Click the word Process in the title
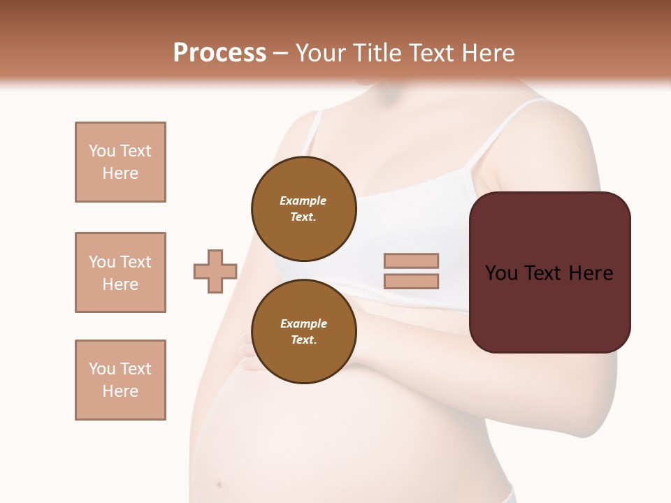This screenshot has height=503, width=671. (219, 53)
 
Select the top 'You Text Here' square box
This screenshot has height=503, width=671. (120, 162)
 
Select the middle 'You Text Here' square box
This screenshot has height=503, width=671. (120, 272)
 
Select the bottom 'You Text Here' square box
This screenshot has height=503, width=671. (120, 380)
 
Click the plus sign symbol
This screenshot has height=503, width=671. (215, 271)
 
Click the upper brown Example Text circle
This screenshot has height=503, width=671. (303, 208)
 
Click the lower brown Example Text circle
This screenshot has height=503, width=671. (303, 331)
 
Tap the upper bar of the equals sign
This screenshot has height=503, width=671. (411, 261)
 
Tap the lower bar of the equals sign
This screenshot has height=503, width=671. (411, 282)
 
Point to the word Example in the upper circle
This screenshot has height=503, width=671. (303, 201)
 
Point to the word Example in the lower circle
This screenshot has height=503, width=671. (303, 323)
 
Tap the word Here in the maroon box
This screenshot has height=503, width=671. (591, 273)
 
